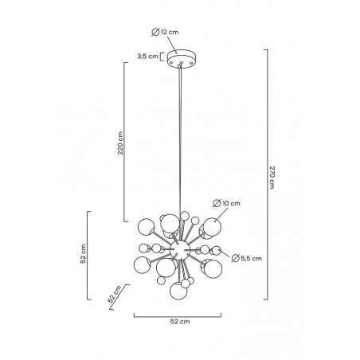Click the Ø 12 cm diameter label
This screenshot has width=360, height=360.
point(165,32)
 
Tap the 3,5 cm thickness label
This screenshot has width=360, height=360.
point(147,57)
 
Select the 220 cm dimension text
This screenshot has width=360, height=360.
point(120,143)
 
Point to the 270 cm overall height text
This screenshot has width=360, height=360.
point(272,178)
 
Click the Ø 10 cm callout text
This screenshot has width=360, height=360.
point(226,203)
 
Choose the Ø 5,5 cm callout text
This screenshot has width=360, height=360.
point(246,258)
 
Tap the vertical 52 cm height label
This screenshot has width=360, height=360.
point(84,253)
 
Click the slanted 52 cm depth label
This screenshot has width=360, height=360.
point(115,294)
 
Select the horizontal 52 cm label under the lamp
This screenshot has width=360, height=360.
point(180,322)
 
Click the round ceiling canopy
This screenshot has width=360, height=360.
point(182,58)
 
